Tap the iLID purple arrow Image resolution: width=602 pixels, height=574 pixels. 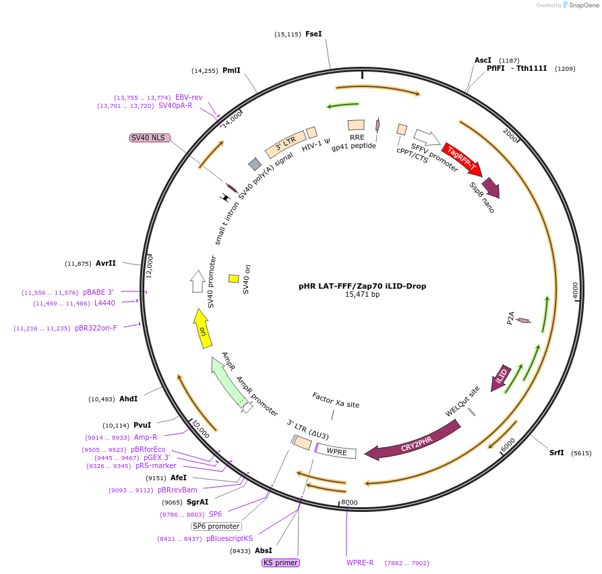[x=502, y=378]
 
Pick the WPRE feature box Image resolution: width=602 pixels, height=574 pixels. [x=336, y=452]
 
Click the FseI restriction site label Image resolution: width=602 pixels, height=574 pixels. [x=313, y=34]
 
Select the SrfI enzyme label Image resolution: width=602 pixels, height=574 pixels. [x=556, y=453]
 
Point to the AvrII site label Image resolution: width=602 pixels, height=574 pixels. [x=106, y=263]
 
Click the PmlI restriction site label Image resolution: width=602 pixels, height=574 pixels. [x=231, y=70]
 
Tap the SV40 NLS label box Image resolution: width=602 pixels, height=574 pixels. [x=148, y=138]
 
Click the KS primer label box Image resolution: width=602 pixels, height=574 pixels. [x=280, y=563]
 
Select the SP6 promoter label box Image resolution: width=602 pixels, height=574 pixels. [x=216, y=526]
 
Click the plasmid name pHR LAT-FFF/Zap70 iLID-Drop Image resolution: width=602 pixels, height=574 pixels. [x=362, y=286]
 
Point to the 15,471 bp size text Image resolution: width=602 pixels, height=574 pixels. [x=362, y=295]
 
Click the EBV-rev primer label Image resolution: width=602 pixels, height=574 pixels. [x=189, y=97]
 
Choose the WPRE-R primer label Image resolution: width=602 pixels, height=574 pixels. [x=360, y=563]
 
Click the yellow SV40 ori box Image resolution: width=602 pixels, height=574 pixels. [x=234, y=279]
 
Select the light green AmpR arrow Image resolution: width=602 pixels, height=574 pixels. [x=227, y=378]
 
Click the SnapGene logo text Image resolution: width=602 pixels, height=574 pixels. [x=584, y=5]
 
